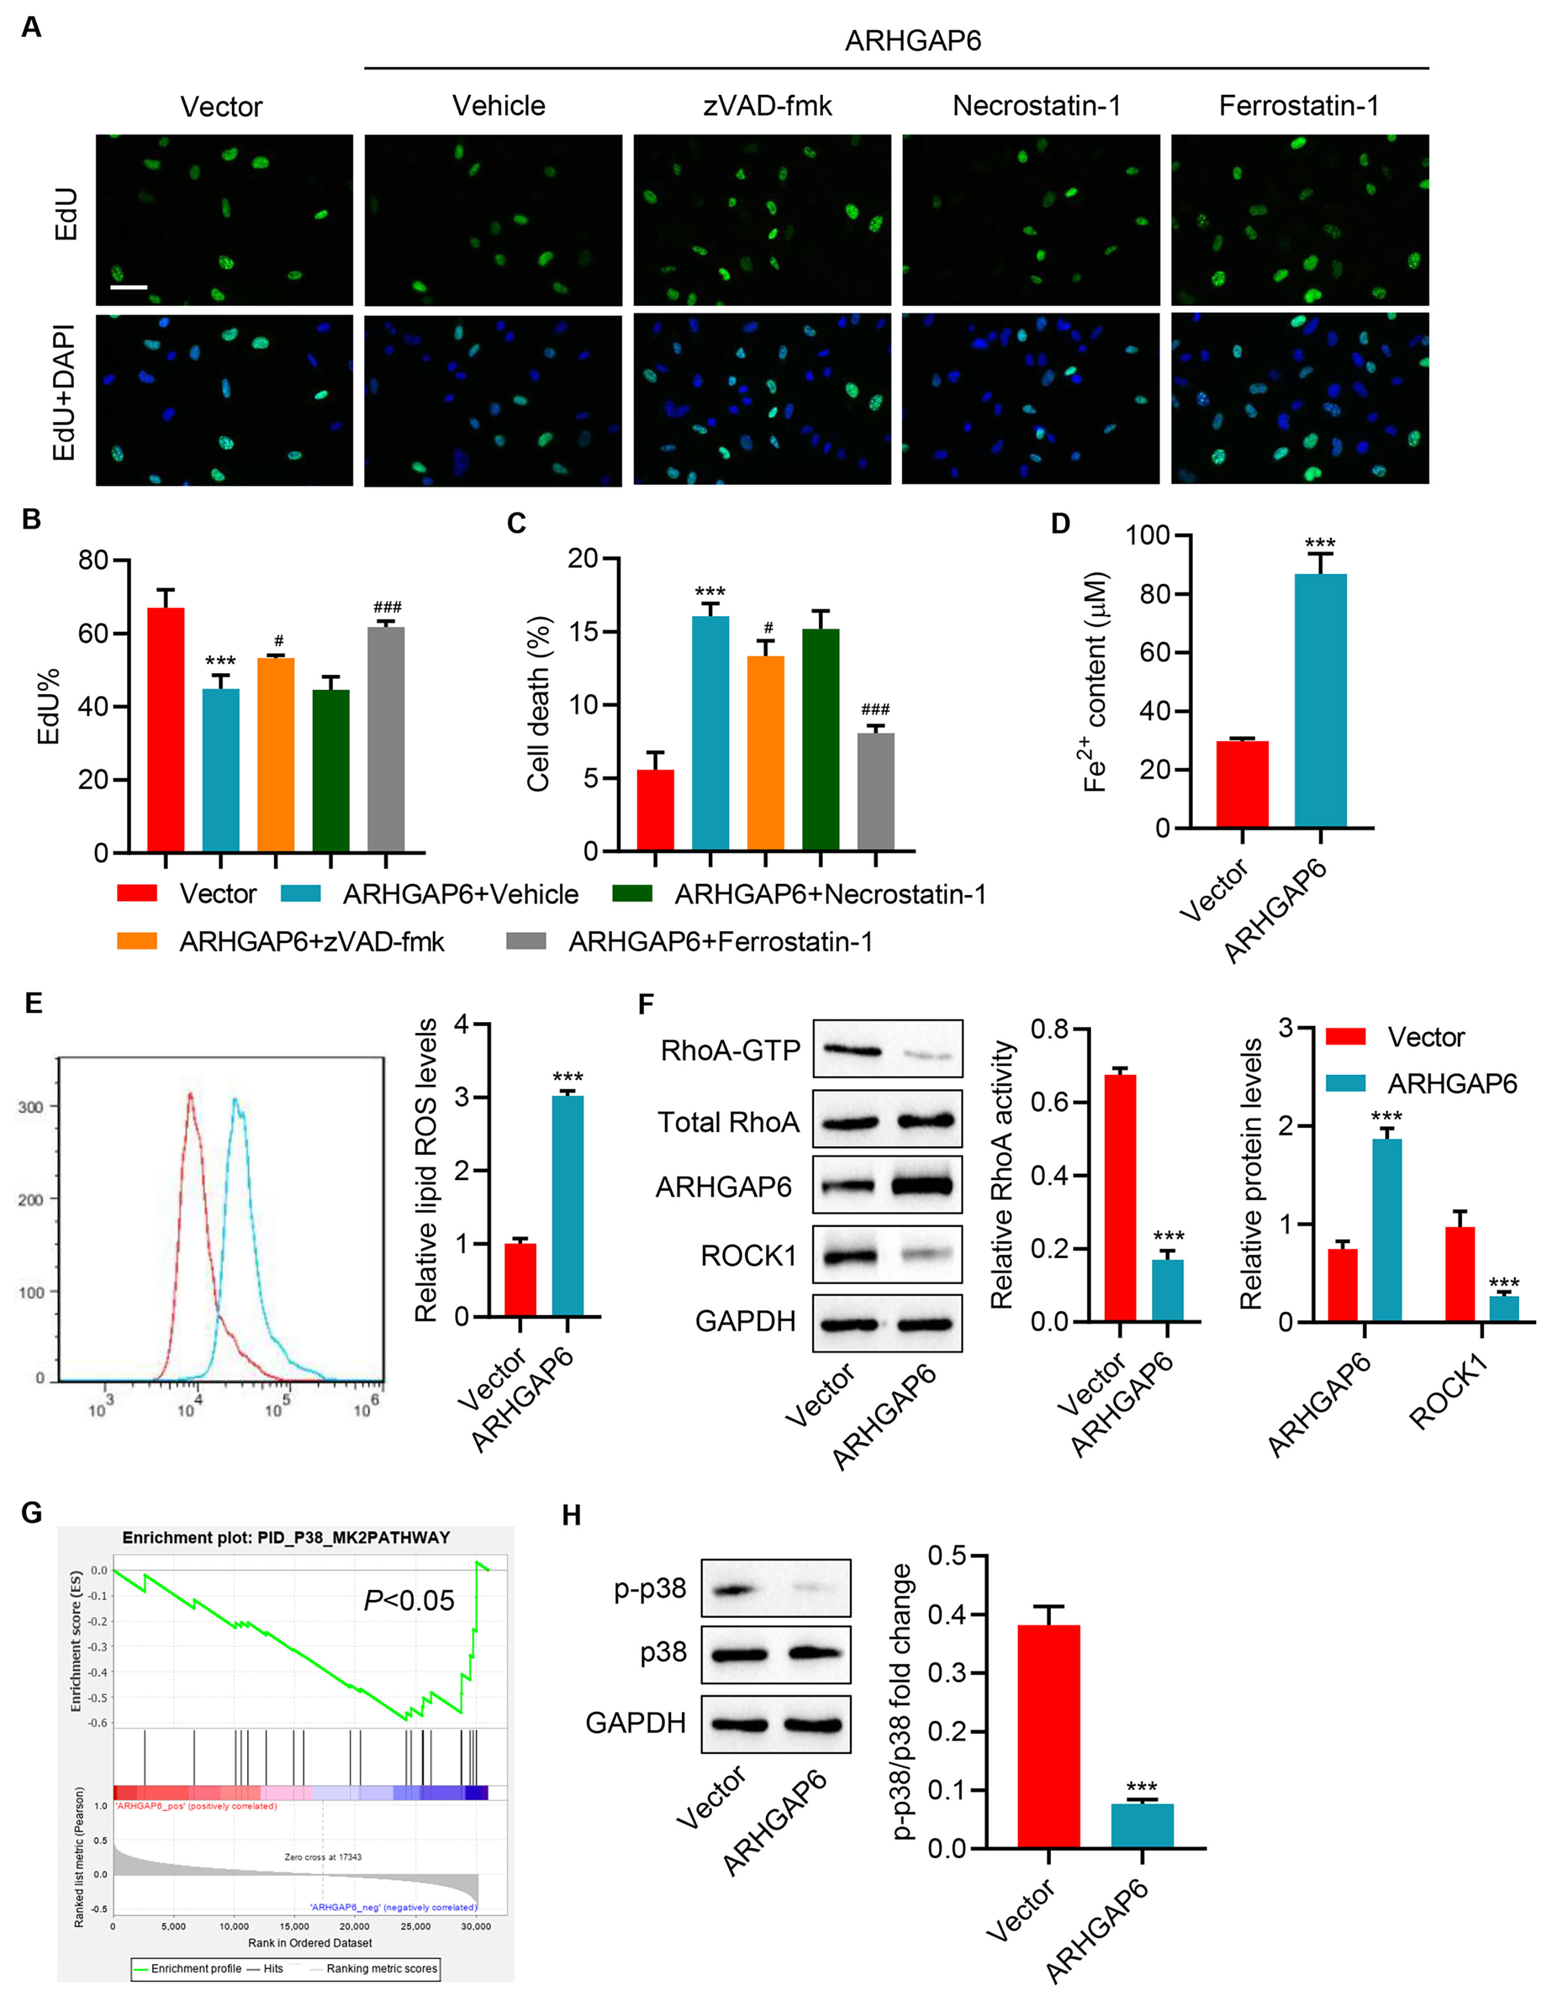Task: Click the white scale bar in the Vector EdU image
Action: pos(129,287)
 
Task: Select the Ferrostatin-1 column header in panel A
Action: pos(1298,106)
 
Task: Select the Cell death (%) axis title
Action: pos(538,704)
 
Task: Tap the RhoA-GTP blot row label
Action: pos(729,1050)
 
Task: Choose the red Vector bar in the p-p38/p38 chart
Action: pos(1048,1737)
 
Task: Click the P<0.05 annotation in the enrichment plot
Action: pos(409,1601)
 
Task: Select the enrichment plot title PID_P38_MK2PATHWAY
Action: pos(286,1537)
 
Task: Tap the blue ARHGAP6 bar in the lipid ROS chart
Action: pos(567,1206)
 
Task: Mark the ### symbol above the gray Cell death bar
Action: pos(876,709)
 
